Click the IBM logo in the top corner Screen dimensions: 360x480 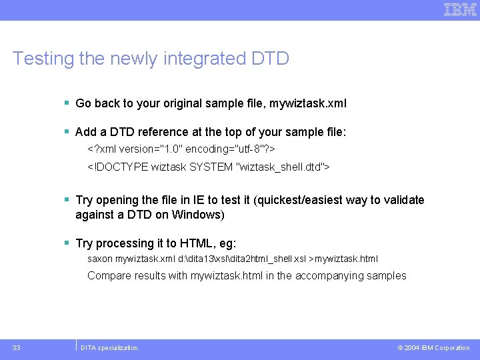pos(461,9)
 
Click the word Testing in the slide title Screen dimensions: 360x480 pos(43,59)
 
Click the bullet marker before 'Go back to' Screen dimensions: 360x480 pos(67,103)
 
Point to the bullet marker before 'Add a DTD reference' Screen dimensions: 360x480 pos(67,132)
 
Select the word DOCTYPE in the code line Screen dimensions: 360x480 pos(121,166)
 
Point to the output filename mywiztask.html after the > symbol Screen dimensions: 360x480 pos(347,259)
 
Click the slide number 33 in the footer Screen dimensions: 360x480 pos(17,347)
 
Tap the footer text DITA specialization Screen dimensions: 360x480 pos(109,348)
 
